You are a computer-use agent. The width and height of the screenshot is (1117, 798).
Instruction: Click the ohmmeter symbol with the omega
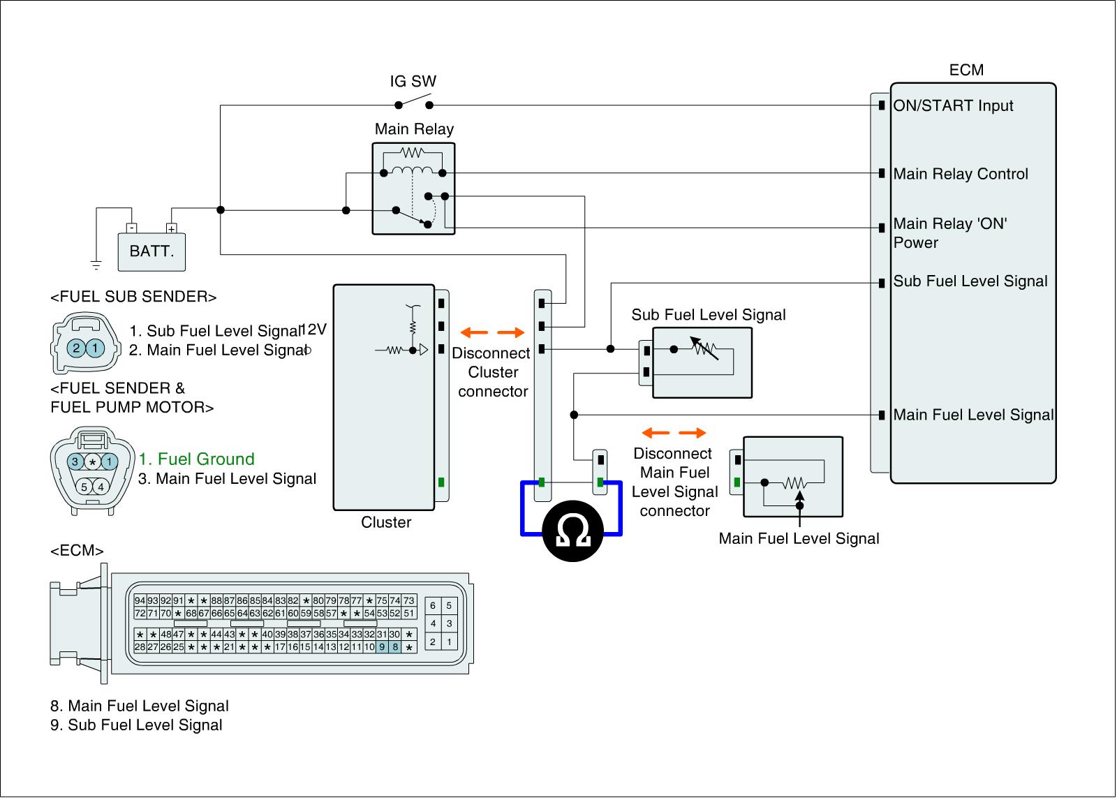[573, 534]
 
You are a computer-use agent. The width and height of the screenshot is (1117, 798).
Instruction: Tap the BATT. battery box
[151, 251]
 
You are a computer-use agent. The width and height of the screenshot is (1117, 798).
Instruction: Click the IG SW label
[413, 81]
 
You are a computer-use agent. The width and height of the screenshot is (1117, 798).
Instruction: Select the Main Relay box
[413, 189]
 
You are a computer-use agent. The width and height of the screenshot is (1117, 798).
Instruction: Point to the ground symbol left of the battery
[96, 264]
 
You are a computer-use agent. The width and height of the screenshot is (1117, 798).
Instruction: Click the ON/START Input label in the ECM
[953, 105]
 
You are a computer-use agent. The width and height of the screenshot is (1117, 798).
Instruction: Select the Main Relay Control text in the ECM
[961, 174]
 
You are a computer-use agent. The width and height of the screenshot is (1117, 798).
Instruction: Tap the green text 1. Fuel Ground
[196, 459]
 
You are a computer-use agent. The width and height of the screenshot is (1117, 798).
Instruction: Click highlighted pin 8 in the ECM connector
[395, 647]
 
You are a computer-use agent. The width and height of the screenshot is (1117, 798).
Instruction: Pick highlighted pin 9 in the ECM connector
[382, 647]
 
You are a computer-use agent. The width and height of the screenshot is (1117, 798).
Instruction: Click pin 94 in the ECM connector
[140, 600]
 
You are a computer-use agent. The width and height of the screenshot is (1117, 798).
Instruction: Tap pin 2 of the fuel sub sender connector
[75, 348]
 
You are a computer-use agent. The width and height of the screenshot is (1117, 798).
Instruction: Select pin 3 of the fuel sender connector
[75, 461]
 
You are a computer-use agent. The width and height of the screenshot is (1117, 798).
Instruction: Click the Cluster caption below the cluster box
[386, 522]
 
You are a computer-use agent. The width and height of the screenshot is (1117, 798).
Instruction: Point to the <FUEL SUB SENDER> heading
[133, 297]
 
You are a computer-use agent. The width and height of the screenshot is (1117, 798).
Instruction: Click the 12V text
[313, 330]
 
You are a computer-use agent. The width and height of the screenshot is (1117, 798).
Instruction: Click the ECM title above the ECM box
[966, 70]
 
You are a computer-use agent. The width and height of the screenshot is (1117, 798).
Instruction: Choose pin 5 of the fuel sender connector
[84, 487]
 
